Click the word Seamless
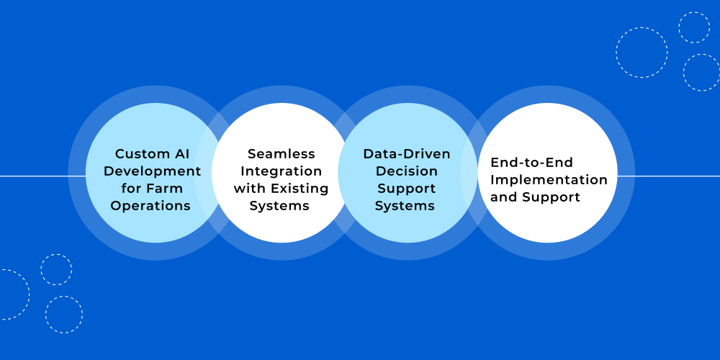(x=281, y=154)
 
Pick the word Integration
(x=281, y=171)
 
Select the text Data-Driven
(x=407, y=154)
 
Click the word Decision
(x=407, y=171)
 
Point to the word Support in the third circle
(x=407, y=189)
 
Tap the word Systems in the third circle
(x=405, y=206)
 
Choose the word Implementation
(x=549, y=180)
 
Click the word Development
(x=152, y=171)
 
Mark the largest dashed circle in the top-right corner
(x=642, y=53)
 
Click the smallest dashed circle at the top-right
(x=694, y=27)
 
